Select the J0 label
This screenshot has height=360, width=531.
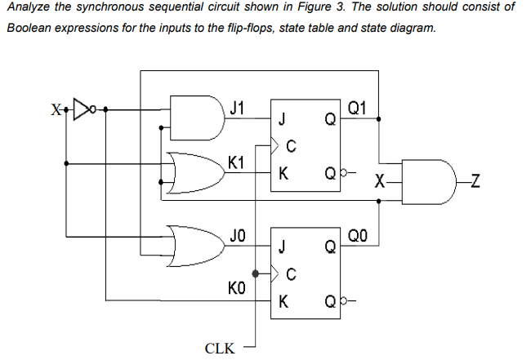click(x=236, y=236)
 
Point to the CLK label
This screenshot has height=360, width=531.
click(x=220, y=348)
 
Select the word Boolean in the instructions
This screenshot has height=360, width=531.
click(x=29, y=27)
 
